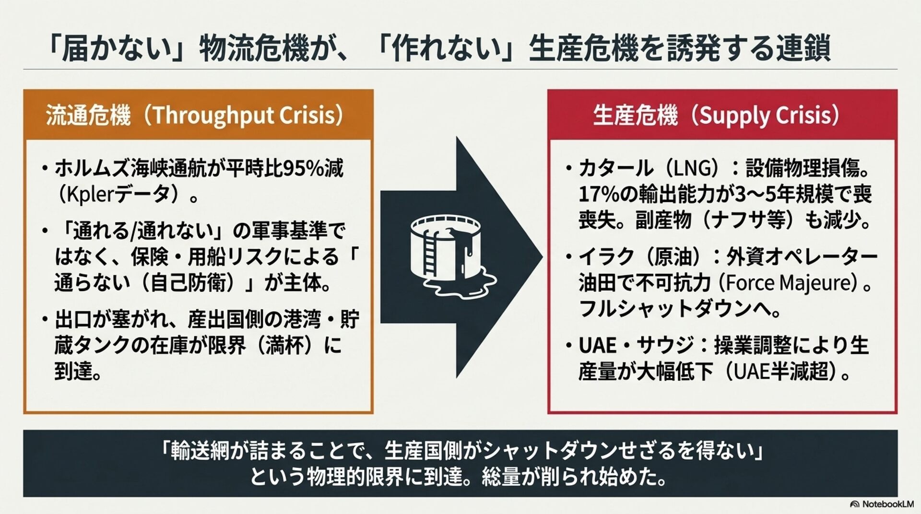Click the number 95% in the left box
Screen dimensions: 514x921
(x=303, y=168)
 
